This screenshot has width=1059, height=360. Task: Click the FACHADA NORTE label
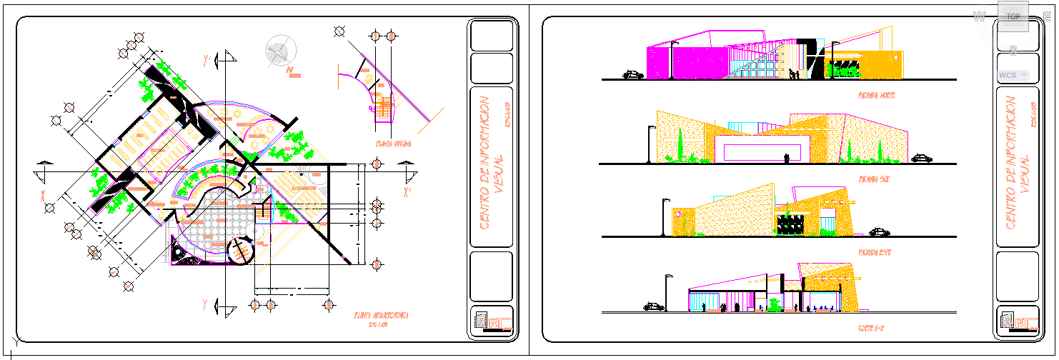(877, 95)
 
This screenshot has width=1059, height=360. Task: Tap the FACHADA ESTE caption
(875, 253)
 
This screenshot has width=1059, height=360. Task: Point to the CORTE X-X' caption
(873, 328)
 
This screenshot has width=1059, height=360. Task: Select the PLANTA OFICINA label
(392, 144)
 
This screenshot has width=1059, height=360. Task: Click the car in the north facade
(633, 74)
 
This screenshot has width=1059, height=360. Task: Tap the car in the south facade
(922, 158)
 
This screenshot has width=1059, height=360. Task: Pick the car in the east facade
(879, 231)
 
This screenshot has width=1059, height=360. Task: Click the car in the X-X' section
(653, 306)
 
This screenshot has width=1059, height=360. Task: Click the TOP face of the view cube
(1013, 16)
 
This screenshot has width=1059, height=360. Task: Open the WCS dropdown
(1013, 74)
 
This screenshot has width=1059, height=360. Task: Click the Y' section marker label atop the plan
(207, 61)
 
